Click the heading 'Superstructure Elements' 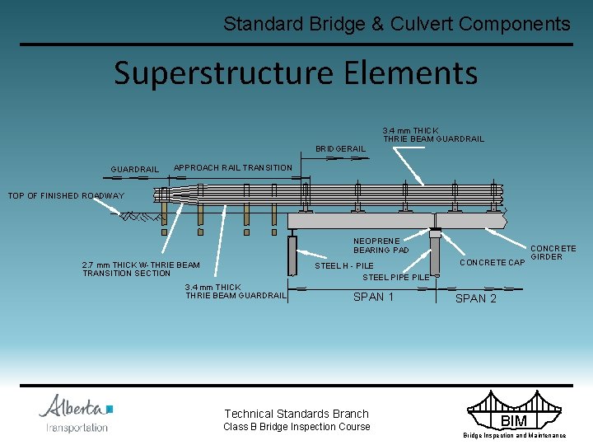[296, 73]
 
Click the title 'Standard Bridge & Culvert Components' [396, 24]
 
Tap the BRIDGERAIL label [340, 148]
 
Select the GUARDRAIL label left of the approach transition [135, 170]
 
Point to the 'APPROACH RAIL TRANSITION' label [233, 167]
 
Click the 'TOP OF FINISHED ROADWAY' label [66, 196]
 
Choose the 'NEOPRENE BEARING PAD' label [381, 245]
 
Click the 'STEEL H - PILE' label [344, 266]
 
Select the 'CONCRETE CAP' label [492, 263]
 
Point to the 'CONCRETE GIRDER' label [553, 252]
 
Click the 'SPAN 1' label [373, 297]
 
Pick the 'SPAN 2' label [476, 298]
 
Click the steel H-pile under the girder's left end [292, 255]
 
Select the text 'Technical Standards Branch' [296, 414]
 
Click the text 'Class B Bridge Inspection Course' [296, 427]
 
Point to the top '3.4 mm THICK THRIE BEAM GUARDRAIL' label [433, 134]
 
